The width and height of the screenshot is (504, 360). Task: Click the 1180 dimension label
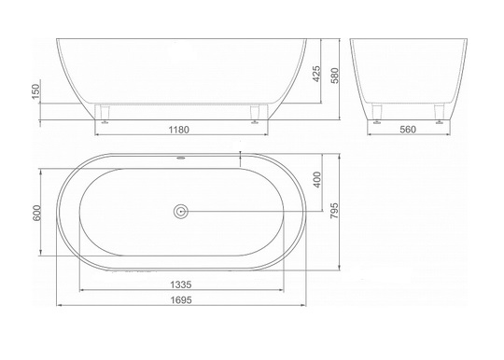click(179, 130)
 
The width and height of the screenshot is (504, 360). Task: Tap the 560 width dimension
click(408, 130)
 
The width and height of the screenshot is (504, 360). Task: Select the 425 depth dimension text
click(316, 75)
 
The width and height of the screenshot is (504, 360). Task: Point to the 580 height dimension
click(335, 76)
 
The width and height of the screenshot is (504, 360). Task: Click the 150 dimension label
click(35, 91)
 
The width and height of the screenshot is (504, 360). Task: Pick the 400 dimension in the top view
click(317, 180)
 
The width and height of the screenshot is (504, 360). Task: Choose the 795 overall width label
click(334, 211)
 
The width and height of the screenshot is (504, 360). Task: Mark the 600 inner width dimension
click(36, 213)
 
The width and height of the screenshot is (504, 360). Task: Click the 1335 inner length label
click(181, 284)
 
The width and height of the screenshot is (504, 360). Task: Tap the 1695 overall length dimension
click(181, 300)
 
